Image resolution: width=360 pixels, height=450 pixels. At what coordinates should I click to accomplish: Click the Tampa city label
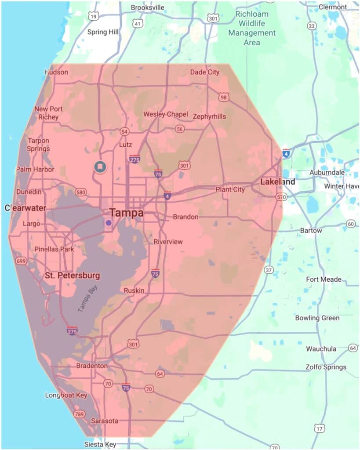(x=127, y=213)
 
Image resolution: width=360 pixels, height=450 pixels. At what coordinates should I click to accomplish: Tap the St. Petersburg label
(x=73, y=276)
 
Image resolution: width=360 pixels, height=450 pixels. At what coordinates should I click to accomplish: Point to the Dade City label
(x=204, y=72)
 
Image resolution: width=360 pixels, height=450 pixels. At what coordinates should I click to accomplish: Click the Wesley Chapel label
(x=166, y=114)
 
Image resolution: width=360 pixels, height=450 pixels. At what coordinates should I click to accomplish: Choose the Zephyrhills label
(x=209, y=116)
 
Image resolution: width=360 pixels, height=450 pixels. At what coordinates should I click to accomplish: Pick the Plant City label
(x=230, y=189)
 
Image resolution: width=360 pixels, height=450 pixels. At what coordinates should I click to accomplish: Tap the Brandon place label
(x=185, y=217)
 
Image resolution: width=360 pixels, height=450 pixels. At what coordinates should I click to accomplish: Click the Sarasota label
(x=105, y=421)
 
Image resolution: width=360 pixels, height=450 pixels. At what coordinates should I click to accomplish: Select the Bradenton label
(x=92, y=366)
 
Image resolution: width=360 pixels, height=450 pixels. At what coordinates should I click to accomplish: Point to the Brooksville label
(x=148, y=7)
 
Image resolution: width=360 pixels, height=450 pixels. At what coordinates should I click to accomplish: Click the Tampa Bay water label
(x=87, y=299)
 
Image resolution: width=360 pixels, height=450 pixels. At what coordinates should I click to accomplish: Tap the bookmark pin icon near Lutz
(x=100, y=167)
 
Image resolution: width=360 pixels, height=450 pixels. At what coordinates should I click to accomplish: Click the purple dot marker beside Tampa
(x=109, y=223)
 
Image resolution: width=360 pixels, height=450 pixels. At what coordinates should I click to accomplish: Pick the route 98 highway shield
(x=224, y=97)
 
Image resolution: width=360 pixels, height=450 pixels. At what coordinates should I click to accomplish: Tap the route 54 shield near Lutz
(x=124, y=131)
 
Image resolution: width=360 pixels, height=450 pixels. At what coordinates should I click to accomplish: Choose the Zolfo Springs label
(x=326, y=367)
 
